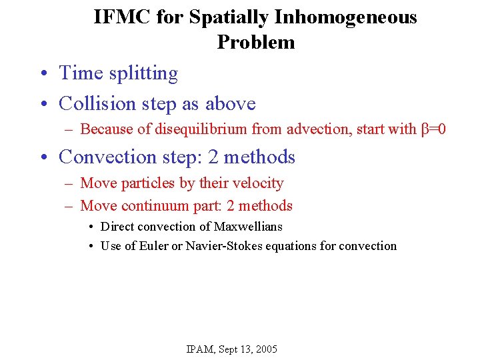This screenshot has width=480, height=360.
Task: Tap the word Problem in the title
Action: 255,42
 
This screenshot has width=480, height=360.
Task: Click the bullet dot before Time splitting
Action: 42,73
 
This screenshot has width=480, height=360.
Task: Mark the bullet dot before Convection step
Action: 42,157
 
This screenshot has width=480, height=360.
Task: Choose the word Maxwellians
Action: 248,227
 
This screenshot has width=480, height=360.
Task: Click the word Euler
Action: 153,246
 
